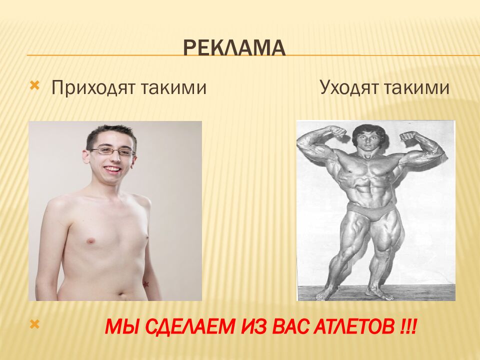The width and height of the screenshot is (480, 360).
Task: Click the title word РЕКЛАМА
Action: pos(234,48)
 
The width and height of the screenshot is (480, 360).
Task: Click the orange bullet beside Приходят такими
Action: pos(34,86)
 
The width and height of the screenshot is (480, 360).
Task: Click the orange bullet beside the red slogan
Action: pos(34,324)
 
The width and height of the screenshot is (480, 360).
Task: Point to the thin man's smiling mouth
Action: pos(112,169)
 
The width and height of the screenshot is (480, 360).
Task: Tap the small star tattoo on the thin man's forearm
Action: pos(146,284)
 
